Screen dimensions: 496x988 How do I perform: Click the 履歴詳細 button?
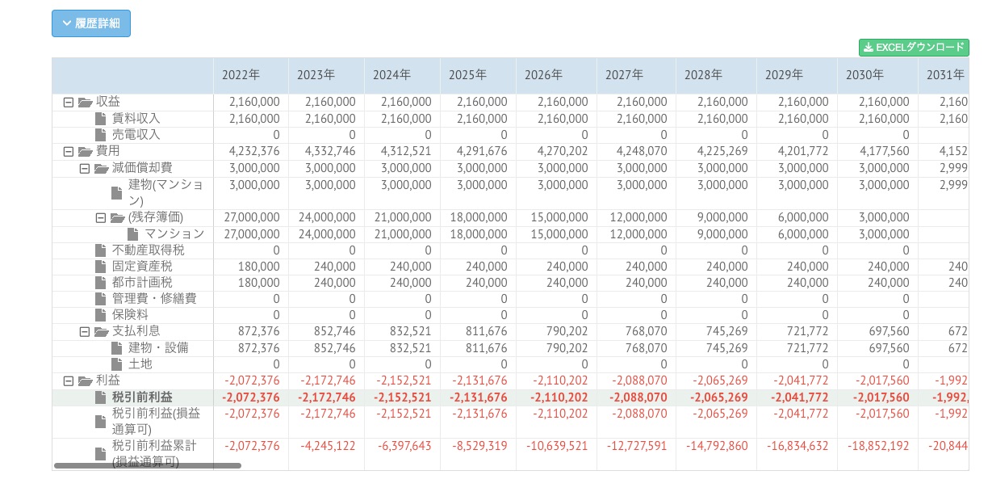coord(91,23)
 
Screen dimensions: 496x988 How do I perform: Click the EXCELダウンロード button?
coord(914,48)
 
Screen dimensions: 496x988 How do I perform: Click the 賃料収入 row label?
coord(136,119)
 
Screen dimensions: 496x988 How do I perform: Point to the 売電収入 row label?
coord(136,135)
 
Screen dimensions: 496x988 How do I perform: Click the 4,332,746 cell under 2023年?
coord(327,151)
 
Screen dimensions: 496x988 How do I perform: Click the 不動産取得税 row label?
coord(148,250)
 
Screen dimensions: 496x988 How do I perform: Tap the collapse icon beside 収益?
coord(69,103)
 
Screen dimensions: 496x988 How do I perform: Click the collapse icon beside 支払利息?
coord(85,331)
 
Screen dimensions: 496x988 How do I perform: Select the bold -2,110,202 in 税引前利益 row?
coord(559,397)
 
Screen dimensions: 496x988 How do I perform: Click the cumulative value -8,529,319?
coord(479,446)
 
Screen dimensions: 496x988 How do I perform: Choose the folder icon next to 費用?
coord(86,151)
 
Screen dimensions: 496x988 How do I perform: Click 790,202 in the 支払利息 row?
coord(566,331)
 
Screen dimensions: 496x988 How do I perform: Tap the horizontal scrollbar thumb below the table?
coord(148,466)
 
